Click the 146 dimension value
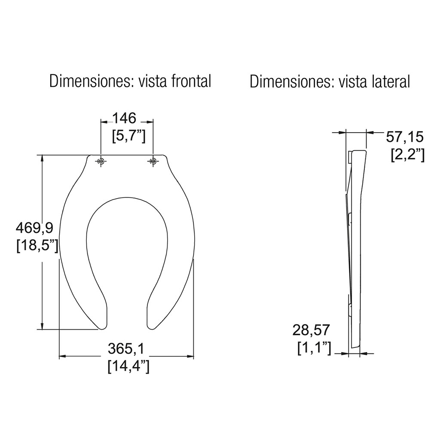(x=125, y=118)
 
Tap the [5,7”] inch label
(x=128, y=136)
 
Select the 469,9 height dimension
(x=35, y=228)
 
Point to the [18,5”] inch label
(x=37, y=246)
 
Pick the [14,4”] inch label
(x=128, y=367)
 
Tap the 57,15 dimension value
(x=404, y=137)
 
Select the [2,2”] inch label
(x=408, y=155)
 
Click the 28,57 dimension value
(x=311, y=330)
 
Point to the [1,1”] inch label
(x=314, y=348)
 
